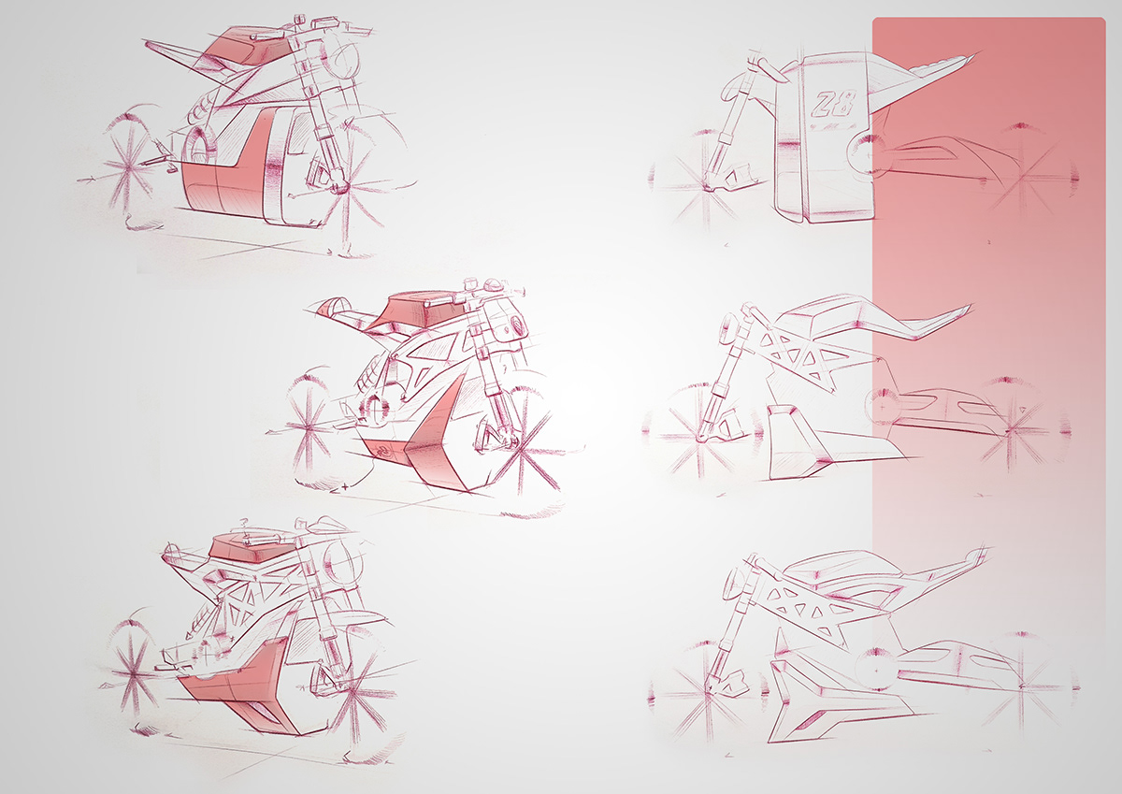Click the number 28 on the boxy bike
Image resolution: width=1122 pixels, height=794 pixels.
click(834, 102)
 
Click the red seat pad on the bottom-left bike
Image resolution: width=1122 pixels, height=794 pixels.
click(245, 548)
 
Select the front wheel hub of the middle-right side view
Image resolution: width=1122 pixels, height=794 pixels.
click(702, 436)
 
